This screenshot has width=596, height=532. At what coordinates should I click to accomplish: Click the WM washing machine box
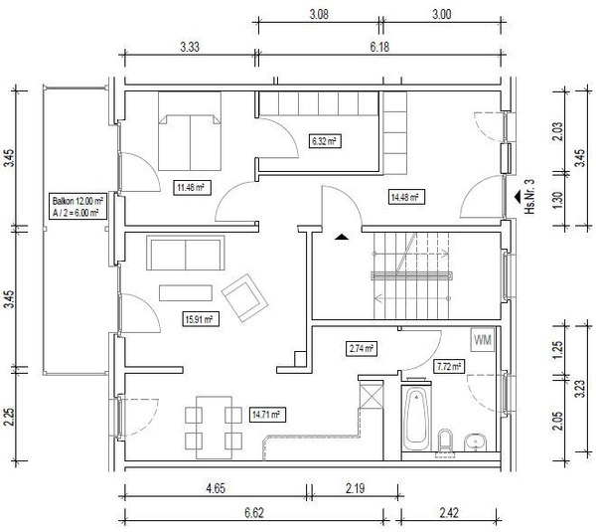(x=483, y=339)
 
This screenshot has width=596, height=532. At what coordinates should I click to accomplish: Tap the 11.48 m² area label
(x=192, y=187)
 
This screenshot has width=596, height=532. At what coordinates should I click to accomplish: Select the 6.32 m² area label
(x=324, y=141)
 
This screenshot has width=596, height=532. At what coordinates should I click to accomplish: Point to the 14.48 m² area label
(x=405, y=197)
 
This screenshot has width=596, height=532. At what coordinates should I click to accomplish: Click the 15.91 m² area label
(x=201, y=319)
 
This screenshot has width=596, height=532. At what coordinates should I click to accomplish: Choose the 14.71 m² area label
(x=267, y=414)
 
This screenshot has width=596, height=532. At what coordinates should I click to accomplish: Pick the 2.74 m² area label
(x=362, y=348)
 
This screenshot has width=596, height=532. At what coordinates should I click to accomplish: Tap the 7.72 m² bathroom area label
(x=449, y=367)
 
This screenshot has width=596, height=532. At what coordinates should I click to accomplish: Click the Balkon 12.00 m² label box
(x=77, y=206)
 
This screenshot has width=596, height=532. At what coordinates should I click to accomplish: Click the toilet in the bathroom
(x=445, y=441)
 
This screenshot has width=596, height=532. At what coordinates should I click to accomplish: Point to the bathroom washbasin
(x=476, y=443)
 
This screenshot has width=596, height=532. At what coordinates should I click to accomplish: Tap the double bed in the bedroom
(x=190, y=131)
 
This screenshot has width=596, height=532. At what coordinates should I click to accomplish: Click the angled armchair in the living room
(x=245, y=298)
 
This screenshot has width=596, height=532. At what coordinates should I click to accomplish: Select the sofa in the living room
(x=186, y=253)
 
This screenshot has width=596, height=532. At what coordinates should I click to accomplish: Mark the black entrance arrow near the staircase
(x=342, y=237)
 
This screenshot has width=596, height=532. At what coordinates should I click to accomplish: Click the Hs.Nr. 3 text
(x=529, y=196)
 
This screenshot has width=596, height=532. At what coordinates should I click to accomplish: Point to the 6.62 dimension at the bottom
(x=254, y=513)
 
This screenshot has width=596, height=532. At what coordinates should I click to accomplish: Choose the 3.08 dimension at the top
(x=319, y=15)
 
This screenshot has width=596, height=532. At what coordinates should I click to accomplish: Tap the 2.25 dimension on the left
(x=9, y=418)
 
